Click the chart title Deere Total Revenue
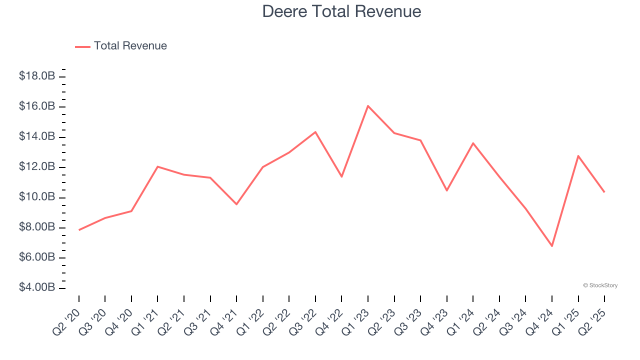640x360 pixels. point(341,11)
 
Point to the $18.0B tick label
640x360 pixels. point(37,76)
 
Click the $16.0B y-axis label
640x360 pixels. point(37,106)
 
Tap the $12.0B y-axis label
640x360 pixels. point(37,167)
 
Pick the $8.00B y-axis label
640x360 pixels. point(37,227)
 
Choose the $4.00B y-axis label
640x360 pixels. point(37,288)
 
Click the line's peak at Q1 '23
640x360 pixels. point(368,106)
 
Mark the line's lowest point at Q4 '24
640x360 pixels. point(552,246)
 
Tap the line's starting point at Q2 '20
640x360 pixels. point(79,230)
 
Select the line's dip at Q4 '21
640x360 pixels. point(236,204)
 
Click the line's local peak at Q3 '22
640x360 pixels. point(315,132)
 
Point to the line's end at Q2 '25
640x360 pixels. point(604,192)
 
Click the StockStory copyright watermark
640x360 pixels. point(600,285)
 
